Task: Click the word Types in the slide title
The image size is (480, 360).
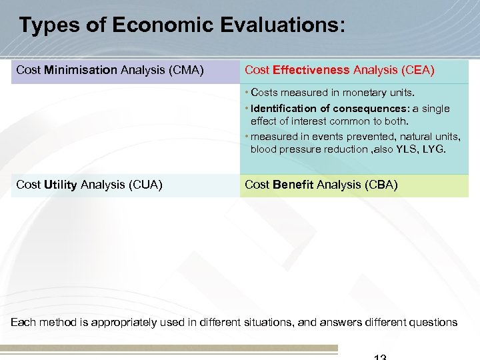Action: pos(44,26)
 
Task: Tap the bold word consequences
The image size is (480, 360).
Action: pos(372,109)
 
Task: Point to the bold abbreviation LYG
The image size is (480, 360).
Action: pos(434,149)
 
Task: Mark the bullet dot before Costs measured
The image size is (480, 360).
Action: pos(247,93)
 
